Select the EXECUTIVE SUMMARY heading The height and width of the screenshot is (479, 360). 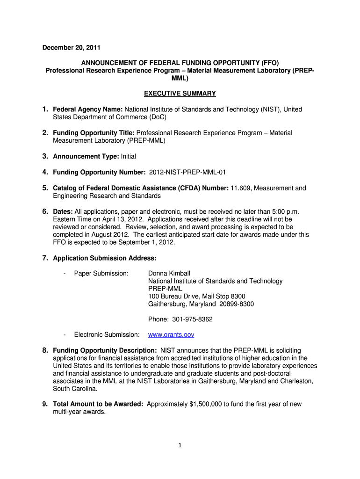coord(180,94)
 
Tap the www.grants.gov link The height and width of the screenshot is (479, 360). coord(171,335)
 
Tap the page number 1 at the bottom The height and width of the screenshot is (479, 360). coord(180,445)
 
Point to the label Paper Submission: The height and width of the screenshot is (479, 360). coord(101,273)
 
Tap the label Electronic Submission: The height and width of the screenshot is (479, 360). coord(107,335)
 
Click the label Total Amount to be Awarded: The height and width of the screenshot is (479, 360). coord(98,404)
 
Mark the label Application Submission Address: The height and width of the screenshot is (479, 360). coord(105,258)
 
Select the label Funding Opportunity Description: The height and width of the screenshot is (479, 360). coord(105,350)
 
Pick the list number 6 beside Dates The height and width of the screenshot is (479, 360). coord(45,211)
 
